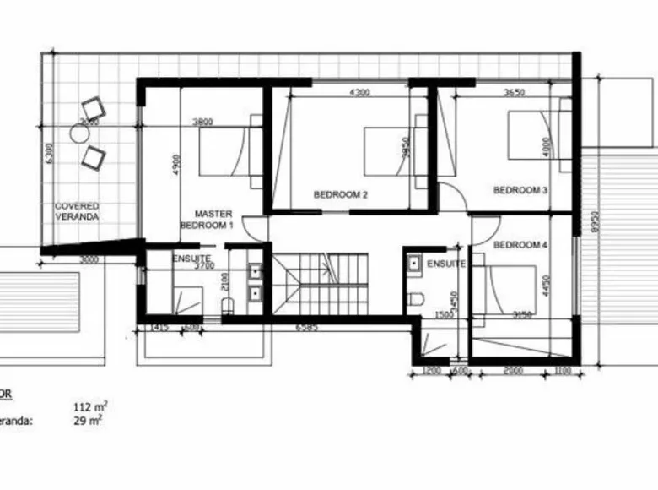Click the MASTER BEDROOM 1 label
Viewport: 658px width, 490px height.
pos(208,220)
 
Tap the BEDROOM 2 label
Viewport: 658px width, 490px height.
pos(341,194)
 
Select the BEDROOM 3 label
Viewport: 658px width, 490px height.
pos(520,190)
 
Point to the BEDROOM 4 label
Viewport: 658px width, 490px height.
pos(520,245)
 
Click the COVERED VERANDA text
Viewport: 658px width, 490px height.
pos(77,211)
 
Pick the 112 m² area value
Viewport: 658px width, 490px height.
pos(90,406)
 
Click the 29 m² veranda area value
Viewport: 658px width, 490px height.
pos(88,419)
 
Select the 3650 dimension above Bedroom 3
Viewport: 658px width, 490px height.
pos(515,93)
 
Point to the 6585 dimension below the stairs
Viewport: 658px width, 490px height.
pos(306,327)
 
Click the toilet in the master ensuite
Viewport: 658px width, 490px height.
pos(226,305)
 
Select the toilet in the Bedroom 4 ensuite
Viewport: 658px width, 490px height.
pos(414,299)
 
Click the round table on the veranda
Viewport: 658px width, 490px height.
pos(79,133)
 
